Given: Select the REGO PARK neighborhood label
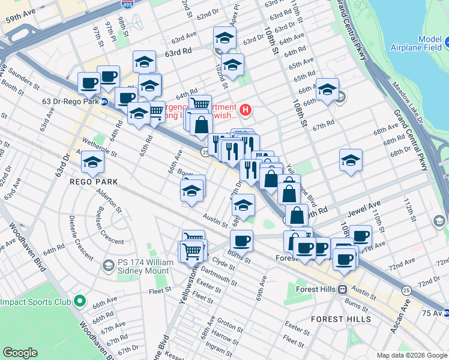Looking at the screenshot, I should click(92, 181).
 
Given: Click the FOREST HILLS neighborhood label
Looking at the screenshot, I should click(342, 319).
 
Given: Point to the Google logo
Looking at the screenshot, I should click(20, 353).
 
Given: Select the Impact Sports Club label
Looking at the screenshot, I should click(36, 302).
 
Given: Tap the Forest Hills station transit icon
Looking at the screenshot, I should click(342, 289).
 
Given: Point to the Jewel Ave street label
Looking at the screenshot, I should click(364, 213).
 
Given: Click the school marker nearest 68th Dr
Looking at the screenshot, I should click(351, 160).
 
